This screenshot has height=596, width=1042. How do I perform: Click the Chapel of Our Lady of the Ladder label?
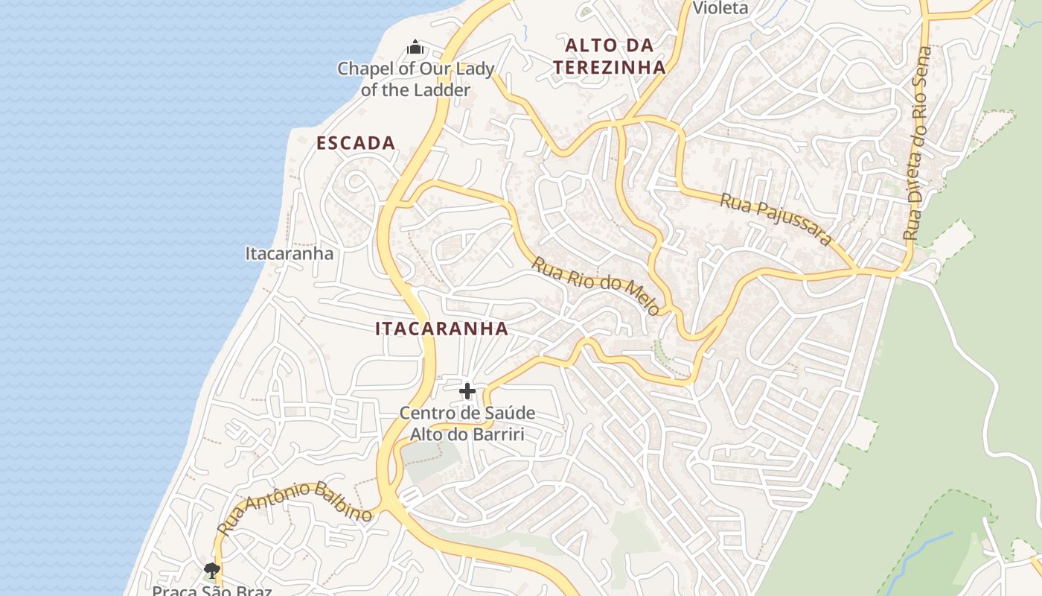(415, 79)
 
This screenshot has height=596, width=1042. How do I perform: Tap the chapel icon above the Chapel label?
(415, 48)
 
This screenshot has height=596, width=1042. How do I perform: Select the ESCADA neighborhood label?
(356, 143)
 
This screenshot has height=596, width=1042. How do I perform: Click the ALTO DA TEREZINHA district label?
(609, 56)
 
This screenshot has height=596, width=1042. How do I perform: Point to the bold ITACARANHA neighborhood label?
(441, 329)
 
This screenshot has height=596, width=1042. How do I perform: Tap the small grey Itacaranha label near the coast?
(290, 253)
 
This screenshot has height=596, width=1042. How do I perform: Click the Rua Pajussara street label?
(775, 219)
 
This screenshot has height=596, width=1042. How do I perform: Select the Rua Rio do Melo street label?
(596, 285)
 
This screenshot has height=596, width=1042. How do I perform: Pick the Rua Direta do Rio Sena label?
(917, 143)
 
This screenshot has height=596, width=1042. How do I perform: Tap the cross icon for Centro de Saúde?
(467, 391)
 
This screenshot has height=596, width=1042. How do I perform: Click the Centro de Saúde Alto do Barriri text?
(467, 423)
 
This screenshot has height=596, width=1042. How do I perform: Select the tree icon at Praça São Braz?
(212, 571)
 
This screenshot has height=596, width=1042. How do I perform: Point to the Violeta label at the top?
(720, 8)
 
